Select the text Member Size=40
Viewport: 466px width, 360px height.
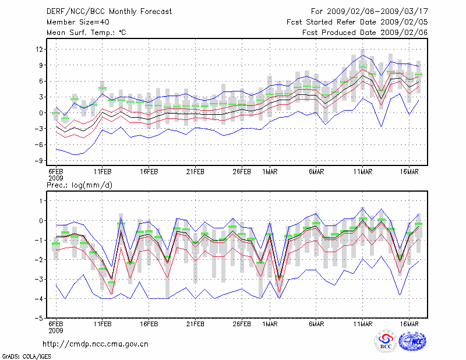pos(73,22)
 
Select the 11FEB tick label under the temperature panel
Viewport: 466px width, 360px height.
pos(103,172)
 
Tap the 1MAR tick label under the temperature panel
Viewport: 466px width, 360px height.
pos(270,172)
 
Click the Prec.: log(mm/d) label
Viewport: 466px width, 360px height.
pos(79,185)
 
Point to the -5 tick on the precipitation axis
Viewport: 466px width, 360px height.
pos(40,319)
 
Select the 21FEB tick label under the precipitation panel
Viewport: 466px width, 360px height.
pos(195,324)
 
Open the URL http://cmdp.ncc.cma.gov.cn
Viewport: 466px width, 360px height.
pos(96,344)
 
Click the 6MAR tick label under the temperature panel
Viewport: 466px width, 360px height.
pos(316,172)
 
